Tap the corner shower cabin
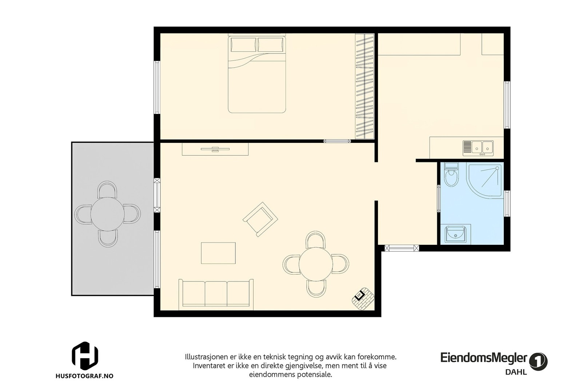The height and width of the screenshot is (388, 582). tap(485, 180)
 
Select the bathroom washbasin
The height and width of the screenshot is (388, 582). tap(455, 234)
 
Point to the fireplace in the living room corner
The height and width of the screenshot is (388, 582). tap(363, 299)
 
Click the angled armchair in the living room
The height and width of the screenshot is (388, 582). tap(260, 219)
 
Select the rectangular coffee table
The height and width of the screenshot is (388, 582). tap(218, 253)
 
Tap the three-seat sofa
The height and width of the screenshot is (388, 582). tap(216, 295)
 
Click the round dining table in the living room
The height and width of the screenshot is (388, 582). tap(316, 264)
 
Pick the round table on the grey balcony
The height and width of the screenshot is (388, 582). tap(107, 214)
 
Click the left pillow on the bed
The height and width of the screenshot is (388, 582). tap(243, 45)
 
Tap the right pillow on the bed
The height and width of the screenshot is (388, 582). tap(271, 45)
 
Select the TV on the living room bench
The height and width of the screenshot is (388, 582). tap(215, 149)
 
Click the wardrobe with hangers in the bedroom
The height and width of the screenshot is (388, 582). tap(364, 86)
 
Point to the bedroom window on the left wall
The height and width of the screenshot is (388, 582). tap(157, 87)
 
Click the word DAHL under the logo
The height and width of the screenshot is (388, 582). tap(516, 372)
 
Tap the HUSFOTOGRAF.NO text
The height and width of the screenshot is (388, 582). tap(84, 376)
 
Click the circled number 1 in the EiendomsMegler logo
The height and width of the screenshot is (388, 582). tap(538, 361)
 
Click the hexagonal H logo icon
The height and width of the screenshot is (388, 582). tap(85, 356)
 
